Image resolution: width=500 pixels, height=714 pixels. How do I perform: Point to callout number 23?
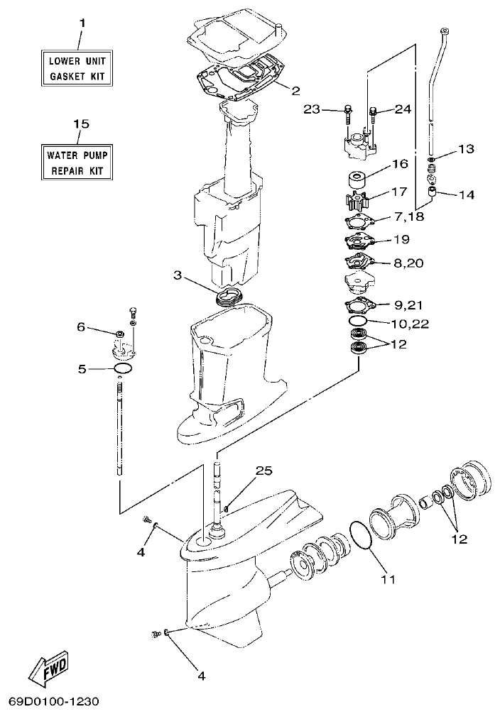(x=312, y=109)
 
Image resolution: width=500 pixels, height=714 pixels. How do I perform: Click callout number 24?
(x=403, y=109)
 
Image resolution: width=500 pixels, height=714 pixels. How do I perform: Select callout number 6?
(x=81, y=327)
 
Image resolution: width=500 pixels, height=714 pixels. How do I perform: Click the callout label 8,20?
(x=409, y=263)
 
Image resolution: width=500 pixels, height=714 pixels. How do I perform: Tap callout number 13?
(x=465, y=149)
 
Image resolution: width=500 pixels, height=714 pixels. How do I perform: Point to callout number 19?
(x=401, y=239)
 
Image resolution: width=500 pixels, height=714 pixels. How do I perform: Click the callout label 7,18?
(x=407, y=216)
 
